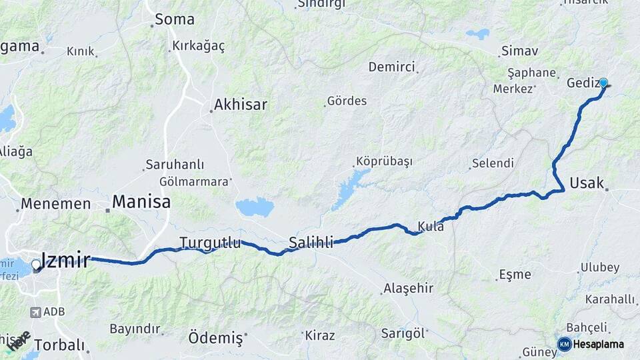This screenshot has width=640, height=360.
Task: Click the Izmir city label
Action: tap(65, 260)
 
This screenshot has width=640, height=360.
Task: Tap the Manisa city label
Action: tap(141, 201)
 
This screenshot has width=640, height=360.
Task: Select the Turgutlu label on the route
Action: tap(210, 243)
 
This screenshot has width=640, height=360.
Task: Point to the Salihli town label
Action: tap(311, 243)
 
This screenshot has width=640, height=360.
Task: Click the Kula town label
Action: tap(431, 227)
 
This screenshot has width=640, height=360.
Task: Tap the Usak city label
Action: tap(587, 183)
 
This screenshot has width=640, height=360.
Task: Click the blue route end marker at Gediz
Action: tap(603, 83)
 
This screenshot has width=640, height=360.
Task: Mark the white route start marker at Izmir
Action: tap(36, 265)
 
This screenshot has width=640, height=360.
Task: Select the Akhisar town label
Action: tap(240, 105)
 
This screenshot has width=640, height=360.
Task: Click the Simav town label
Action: tap(519, 51)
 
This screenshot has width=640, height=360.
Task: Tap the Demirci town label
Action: tap(391, 67)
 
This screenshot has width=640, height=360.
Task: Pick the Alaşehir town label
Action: tap(408, 289)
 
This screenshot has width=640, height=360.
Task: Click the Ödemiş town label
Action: tap(215, 337)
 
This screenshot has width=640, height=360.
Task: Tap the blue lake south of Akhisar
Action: tap(255, 207)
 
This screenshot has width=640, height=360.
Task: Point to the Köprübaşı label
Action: tap(384, 162)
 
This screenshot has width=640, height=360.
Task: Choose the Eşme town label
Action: tap(515, 274)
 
